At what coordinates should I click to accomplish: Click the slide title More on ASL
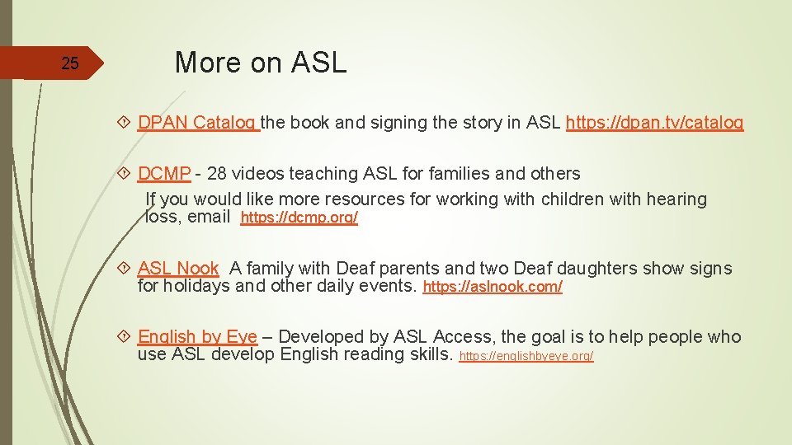pyautogui.click(x=261, y=63)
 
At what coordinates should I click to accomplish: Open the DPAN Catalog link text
pyautogui.click(x=197, y=123)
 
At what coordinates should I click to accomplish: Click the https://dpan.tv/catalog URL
pyautogui.click(x=655, y=123)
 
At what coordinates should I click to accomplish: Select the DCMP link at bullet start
pyautogui.click(x=164, y=174)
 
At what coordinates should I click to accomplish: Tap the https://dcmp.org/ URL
pyautogui.click(x=299, y=218)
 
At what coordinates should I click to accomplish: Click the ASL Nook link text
pyautogui.click(x=178, y=268)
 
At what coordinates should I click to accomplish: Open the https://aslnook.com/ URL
pyautogui.click(x=493, y=288)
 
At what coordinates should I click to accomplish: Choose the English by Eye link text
pyautogui.click(x=197, y=336)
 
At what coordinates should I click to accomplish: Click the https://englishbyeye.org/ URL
pyautogui.click(x=526, y=356)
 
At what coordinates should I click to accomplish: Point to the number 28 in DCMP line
pyautogui.click(x=218, y=174)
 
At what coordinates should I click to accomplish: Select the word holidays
pyautogui.click(x=196, y=287)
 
